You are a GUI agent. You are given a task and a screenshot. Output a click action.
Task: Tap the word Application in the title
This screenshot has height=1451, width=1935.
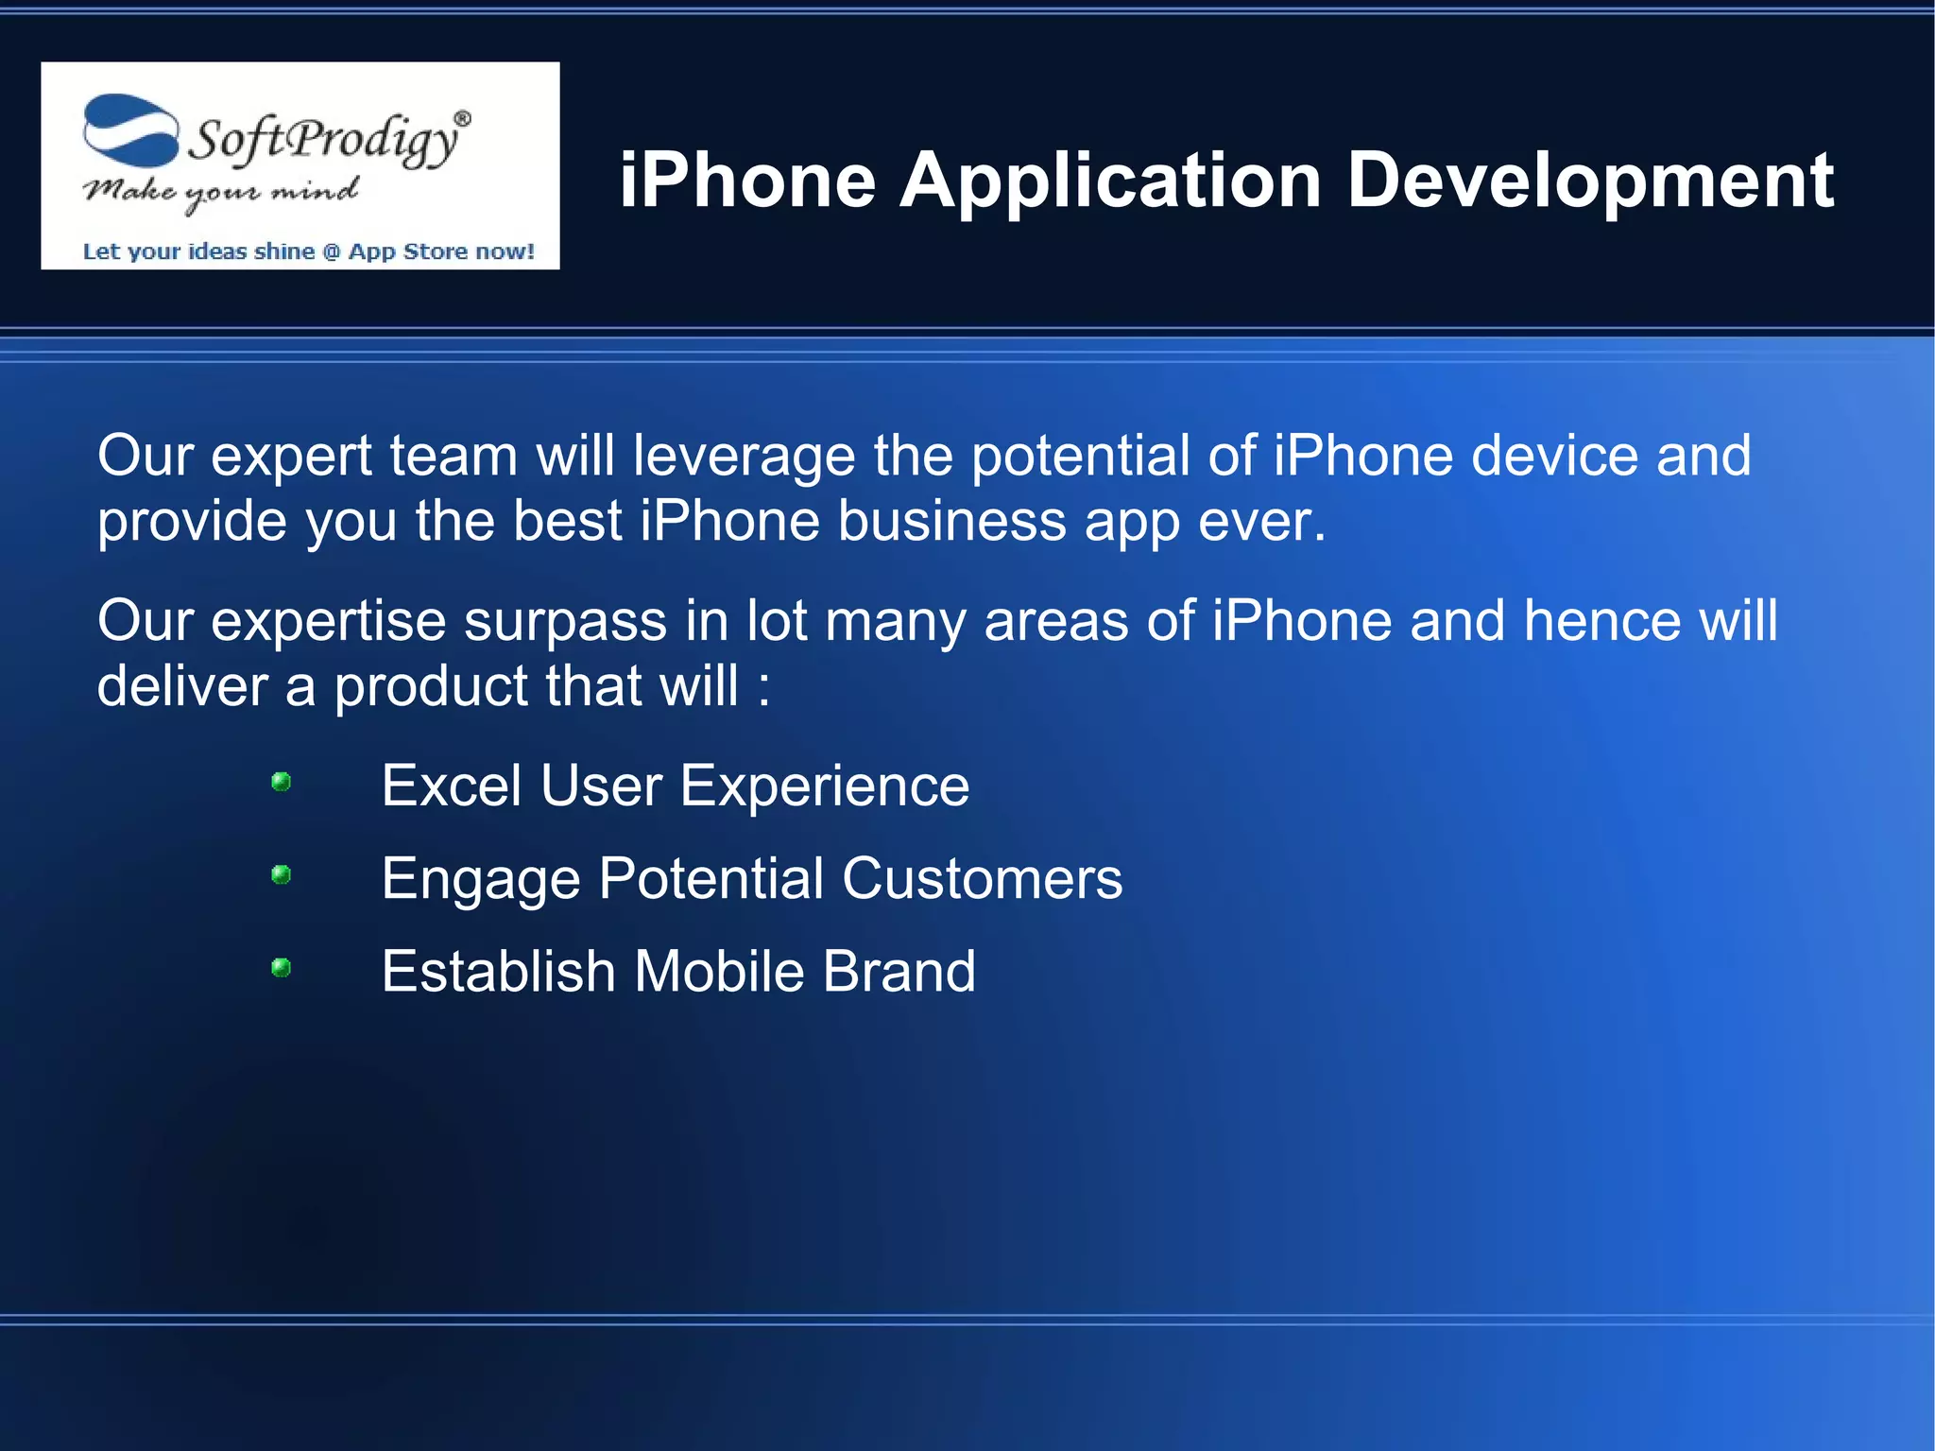click(1110, 181)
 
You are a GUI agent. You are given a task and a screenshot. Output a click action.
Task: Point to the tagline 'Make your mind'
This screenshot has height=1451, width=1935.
click(220, 192)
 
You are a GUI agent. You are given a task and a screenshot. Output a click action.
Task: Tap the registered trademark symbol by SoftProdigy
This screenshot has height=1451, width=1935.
click(462, 118)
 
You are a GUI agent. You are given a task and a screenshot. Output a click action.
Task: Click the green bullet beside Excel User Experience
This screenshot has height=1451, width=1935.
click(281, 782)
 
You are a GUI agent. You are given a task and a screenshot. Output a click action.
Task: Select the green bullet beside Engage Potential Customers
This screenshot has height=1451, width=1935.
click(281, 874)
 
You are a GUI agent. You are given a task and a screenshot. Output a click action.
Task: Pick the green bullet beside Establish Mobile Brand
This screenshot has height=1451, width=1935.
click(281, 967)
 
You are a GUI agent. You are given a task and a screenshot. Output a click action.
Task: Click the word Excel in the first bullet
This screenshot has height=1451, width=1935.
click(451, 786)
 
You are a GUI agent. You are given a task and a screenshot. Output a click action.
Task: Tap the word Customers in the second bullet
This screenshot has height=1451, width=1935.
click(982, 878)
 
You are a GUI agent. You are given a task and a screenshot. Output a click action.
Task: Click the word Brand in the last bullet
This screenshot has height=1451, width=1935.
click(899, 971)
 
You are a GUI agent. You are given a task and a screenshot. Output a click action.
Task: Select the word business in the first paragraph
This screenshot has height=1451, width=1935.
click(951, 521)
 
